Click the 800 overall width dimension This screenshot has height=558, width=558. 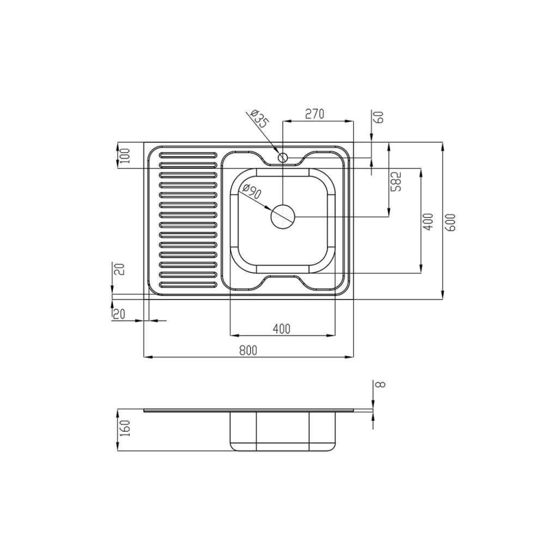pyautogui.click(x=248, y=350)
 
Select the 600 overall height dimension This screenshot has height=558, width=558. pyautogui.click(x=450, y=222)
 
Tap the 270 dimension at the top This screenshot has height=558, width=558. pyautogui.click(x=314, y=114)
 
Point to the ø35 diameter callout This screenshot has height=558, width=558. pyautogui.click(x=259, y=119)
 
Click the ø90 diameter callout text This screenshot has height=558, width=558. pyautogui.click(x=252, y=191)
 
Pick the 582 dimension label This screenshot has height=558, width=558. pyautogui.click(x=396, y=181)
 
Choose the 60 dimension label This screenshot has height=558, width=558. pyautogui.click(x=379, y=117)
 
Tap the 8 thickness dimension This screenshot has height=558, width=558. pyautogui.click(x=380, y=384)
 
